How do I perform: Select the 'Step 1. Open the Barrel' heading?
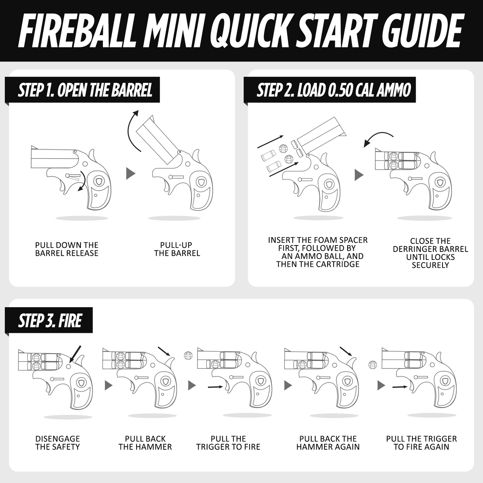click(x=85, y=90)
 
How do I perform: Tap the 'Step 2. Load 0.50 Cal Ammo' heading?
click(x=333, y=90)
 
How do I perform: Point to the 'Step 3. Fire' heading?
click(x=50, y=321)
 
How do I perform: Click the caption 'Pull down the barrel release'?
click(x=66, y=249)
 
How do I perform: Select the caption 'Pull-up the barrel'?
click(x=177, y=249)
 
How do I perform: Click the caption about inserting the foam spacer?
click(x=318, y=252)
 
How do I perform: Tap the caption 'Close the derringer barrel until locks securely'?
click(x=430, y=253)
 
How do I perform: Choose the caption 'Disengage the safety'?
click(x=57, y=443)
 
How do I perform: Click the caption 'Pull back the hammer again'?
click(x=328, y=443)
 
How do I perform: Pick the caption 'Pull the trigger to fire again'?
click(x=421, y=443)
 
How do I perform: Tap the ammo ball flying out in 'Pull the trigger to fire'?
click(x=187, y=355)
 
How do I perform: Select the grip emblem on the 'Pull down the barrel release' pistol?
click(x=98, y=182)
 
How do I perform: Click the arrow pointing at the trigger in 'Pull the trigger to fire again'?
click(x=401, y=386)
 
